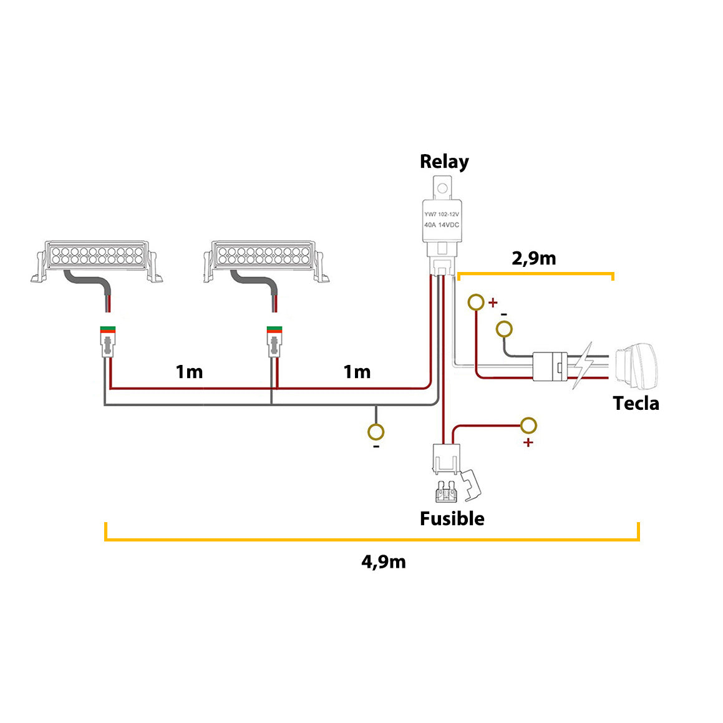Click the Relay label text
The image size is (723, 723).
click(444, 162)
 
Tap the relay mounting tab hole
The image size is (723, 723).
click(442, 187)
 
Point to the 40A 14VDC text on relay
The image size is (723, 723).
click(441, 225)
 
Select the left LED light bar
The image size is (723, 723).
click(97, 259)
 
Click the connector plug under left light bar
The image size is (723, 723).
click(109, 342)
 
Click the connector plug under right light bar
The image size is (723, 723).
click(273, 342)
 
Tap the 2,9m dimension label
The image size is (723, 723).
click(533, 258)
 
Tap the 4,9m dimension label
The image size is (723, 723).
click(383, 561)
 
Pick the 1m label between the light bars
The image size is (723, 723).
click(189, 372)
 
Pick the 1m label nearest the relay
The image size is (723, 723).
click(357, 372)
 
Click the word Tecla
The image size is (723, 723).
click(636, 403)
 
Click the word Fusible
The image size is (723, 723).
click(452, 518)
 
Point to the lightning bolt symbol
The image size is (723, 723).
click(583, 366)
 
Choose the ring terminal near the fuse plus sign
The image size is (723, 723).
click(528, 425)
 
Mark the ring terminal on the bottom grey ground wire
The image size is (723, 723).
click(376, 432)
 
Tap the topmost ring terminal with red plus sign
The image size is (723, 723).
click(476, 303)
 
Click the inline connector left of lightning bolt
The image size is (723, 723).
click(550, 366)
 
